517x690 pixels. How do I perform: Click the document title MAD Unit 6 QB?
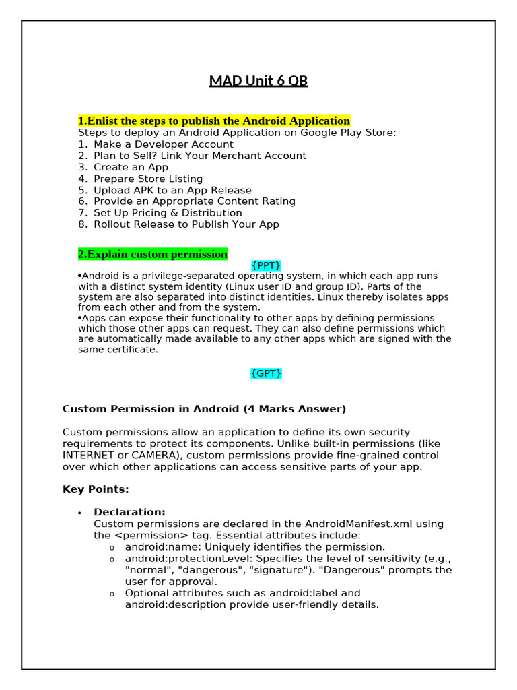258,81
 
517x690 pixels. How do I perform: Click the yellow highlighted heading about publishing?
214,121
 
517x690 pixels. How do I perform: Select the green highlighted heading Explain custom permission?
153,254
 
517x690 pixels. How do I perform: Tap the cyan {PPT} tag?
266,265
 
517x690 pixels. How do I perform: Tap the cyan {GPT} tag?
266,373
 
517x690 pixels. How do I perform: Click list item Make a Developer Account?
163,144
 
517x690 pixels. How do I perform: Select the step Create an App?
131,167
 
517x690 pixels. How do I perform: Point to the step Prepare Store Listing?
148,179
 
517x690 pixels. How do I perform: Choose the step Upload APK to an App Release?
172,190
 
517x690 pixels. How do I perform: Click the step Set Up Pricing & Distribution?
168,213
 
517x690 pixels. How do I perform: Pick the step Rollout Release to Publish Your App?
186,224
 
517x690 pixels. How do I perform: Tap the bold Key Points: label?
96,489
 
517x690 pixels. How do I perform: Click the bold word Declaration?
129,513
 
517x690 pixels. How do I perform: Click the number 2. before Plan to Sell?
83,156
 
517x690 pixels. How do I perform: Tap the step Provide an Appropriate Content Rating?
194,201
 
